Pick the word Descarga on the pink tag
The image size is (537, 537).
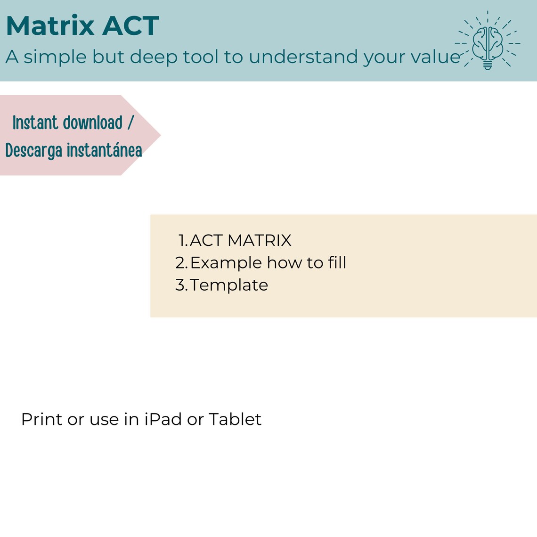[x=33, y=151]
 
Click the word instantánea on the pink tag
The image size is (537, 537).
[x=104, y=151]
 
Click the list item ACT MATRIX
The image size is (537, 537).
[x=240, y=240]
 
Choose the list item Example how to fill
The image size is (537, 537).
[x=268, y=262]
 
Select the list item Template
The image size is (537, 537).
[x=229, y=285]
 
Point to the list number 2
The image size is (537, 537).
[x=180, y=263]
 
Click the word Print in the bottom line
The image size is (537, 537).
[x=41, y=419]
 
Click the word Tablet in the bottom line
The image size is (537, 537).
[x=235, y=419]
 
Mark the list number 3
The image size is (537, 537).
[x=180, y=285]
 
